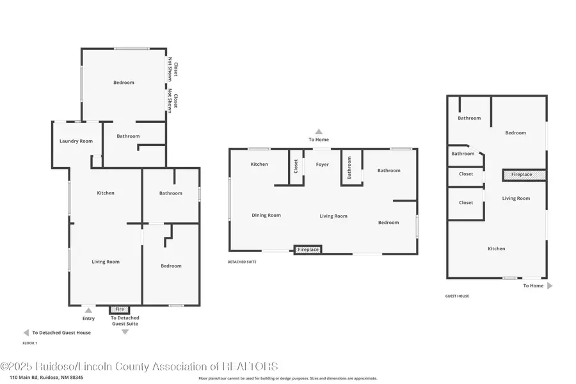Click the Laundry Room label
click(76, 141)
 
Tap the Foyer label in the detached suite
click(322, 164)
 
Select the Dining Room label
click(266, 215)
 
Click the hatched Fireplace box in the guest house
click(525, 174)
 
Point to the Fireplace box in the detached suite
click(308, 250)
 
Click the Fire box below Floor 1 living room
click(119, 309)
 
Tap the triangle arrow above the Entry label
click(88, 310)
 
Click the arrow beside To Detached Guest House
click(26, 333)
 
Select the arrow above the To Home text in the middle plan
click(319, 131)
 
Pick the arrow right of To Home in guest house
click(550, 286)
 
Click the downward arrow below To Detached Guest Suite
click(125, 332)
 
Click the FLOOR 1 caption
click(30, 344)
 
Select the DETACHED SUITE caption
click(242, 262)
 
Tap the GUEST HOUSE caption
click(457, 296)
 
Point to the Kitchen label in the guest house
click(496, 249)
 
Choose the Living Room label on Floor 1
click(106, 262)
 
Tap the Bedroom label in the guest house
click(515, 133)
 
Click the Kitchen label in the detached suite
click(259, 164)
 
